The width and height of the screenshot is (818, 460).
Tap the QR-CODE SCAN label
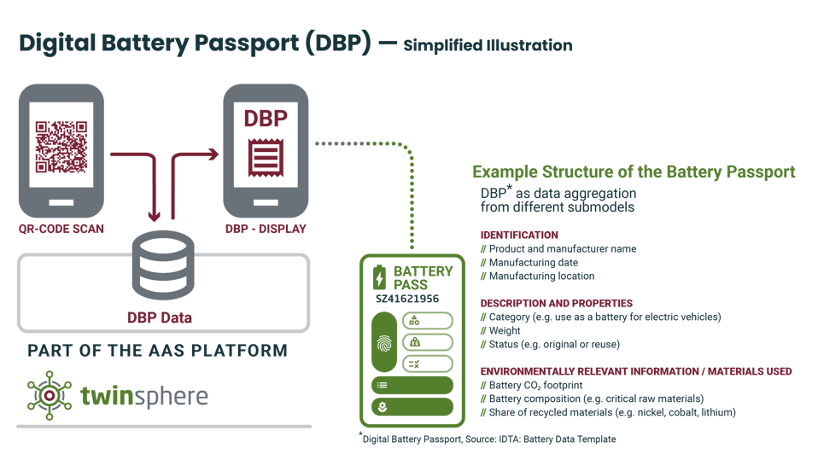pos(61,229)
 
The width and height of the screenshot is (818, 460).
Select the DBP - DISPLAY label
pos(266,229)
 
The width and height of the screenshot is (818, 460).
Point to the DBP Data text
pos(160,317)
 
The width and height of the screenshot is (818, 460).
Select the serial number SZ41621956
pos(407,299)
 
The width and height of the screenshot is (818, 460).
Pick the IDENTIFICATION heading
pos(519,235)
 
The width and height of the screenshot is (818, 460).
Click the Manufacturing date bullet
pos(533,263)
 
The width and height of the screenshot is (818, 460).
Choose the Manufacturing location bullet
pos(541,277)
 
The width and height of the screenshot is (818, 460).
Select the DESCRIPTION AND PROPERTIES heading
pos(556,303)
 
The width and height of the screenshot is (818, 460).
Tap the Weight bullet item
pos(505,330)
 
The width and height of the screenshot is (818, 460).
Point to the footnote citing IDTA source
pos(487,439)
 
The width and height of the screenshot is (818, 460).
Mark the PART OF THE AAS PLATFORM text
pos(157,351)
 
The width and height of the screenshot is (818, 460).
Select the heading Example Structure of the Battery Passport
pos(634,172)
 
